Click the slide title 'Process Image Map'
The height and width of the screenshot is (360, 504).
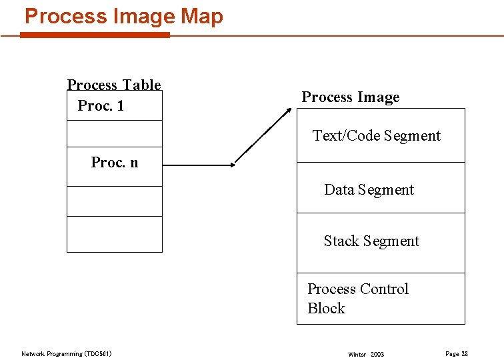(x=124, y=16)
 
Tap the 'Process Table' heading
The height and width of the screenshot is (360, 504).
(x=114, y=85)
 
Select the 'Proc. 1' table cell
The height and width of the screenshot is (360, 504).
(x=101, y=106)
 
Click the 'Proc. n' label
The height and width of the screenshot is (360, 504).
(x=115, y=163)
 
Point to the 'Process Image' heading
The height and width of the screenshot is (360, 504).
(x=351, y=97)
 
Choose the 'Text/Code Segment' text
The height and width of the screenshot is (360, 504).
(x=377, y=136)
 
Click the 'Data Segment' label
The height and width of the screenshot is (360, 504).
(x=369, y=190)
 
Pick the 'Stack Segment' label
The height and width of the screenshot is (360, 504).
(x=371, y=241)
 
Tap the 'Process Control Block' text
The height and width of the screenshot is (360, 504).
(x=357, y=298)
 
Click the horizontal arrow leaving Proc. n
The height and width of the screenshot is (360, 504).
(x=198, y=165)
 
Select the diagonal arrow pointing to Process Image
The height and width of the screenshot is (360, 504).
(x=265, y=133)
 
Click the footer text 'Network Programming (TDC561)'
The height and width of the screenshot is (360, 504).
(x=67, y=353)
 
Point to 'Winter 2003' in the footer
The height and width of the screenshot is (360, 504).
(x=366, y=354)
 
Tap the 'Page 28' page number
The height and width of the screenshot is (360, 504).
(x=456, y=353)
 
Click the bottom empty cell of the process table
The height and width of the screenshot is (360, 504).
(x=115, y=234)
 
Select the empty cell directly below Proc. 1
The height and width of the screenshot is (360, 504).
(x=115, y=133)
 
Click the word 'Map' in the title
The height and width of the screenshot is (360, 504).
(x=201, y=16)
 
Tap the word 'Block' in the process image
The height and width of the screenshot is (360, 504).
(x=326, y=308)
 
